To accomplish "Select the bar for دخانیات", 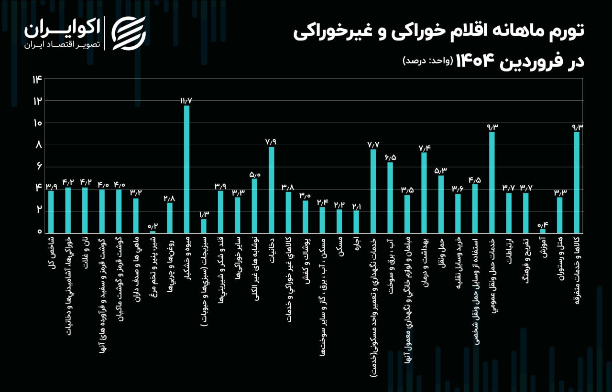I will [x=271, y=190].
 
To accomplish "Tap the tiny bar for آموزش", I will [x=543, y=231].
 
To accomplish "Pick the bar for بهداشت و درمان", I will [x=424, y=192].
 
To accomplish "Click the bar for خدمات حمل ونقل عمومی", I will [x=492, y=182].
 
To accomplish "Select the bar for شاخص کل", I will [x=51, y=212].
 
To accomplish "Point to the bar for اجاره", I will [x=356, y=222].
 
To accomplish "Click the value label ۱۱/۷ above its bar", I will [x=186, y=101].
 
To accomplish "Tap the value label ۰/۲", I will [x=153, y=226].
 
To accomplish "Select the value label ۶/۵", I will [x=390, y=157].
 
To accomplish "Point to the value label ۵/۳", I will [x=441, y=170].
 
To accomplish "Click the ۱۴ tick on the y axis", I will [x=37, y=79].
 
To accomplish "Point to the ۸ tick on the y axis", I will [x=38, y=145].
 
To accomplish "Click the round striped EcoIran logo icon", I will [x=129, y=33].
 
